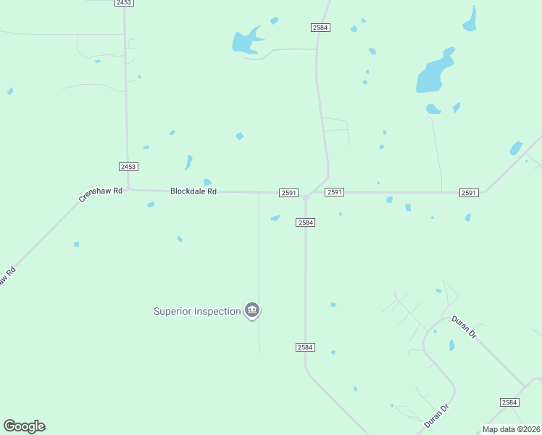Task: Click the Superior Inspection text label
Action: [196, 312]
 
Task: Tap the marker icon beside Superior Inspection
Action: [252, 311]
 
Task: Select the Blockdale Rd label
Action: [193, 191]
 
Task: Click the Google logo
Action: [24, 426]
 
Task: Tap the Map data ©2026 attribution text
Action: [511, 429]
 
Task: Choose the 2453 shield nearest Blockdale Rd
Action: [128, 167]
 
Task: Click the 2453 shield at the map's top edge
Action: [124, 3]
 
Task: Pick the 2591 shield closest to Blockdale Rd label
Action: [289, 192]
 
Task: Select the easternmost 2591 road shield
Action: [469, 192]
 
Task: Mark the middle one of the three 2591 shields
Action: [334, 192]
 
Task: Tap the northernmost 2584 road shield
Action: [320, 28]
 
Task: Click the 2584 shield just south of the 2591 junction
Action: [305, 223]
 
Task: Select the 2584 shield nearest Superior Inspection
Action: [305, 347]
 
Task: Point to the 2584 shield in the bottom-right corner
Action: [510, 402]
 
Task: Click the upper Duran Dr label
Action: [464, 328]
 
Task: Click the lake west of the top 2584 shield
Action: [246, 41]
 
